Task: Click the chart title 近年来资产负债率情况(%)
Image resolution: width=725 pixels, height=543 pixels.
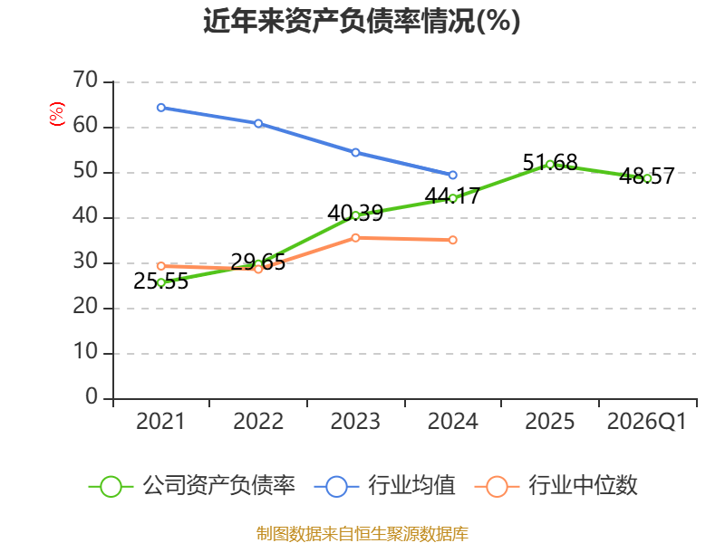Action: pos(362,21)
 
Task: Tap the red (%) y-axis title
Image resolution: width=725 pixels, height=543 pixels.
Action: pos(57,114)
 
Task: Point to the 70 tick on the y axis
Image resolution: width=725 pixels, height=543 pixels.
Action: pos(85,81)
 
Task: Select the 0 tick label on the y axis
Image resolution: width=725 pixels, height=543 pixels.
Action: pos(92,397)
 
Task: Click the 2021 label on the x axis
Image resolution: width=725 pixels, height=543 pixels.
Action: pos(160,421)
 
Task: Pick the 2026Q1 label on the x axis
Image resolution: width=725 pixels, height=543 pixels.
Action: pos(646,421)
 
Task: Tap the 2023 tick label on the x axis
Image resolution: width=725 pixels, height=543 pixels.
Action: pos(355,421)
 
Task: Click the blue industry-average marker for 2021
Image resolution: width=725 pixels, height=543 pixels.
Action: pos(161,108)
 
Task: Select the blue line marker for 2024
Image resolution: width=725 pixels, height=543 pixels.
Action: pos(452,175)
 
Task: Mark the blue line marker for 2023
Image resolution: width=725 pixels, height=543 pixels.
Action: pos(355,152)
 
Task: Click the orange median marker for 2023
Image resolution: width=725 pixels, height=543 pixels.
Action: pos(355,238)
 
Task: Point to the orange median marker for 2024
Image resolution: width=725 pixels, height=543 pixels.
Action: pos(452,240)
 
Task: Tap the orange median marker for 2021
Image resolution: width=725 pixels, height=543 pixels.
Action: pos(161,266)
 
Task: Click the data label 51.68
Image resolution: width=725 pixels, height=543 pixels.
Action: pos(550,162)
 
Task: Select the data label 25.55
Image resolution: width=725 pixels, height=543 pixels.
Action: pos(161,281)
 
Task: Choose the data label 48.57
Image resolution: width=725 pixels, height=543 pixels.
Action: pos(647,176)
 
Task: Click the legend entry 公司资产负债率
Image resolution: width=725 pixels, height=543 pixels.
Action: pos(192,486)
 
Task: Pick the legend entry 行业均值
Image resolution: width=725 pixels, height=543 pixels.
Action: pos(384,486)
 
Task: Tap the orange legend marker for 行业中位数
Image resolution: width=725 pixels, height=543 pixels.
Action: pos(497,487)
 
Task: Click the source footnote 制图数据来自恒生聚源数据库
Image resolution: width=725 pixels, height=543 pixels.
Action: pos(362,534)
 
